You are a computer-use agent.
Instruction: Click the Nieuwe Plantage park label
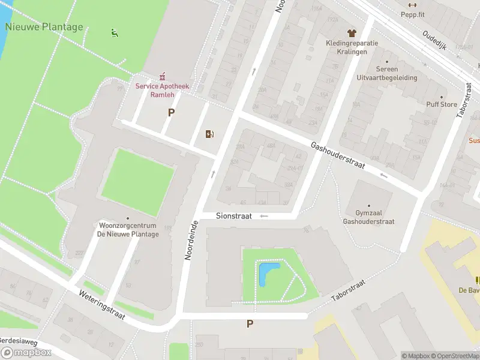pyautogui.click(x=44, y=27)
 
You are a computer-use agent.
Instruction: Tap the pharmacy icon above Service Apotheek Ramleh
pyautogui.click(x=162, y=76)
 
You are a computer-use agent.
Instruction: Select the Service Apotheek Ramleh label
pyautogui.click(x=162, y=90)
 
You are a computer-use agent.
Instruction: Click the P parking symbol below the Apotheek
pyautogui.click(x=171, y=112)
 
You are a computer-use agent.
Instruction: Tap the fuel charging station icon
pyautogui.click(x=209, y=134)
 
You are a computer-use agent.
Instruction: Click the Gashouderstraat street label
pyautogui.click(x=337, y=155)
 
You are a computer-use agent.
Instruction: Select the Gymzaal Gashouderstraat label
pyautogui.click(x=368, y=217)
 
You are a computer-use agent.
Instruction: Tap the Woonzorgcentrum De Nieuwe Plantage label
pyautogui.click(x=128, y=230)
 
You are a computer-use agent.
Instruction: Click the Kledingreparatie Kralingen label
pyautogui.click(x=351, y=47)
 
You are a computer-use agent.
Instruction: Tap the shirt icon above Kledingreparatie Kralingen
pyautogui.click(x=351, y=33)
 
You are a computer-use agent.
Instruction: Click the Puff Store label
pyautogui.click(x=441, y=104)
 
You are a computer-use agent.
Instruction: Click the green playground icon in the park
pyautogui.click(x=114, y=32)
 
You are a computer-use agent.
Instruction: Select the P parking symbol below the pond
pyautogui.click(x=250, y=324)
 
